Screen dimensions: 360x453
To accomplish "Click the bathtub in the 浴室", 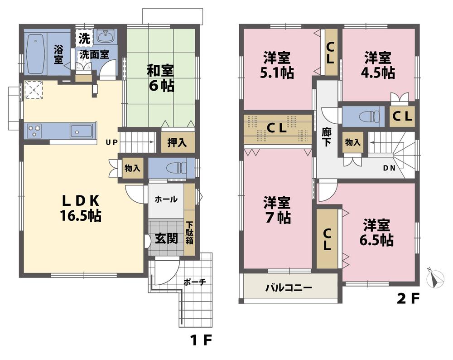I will (x=35, y=54).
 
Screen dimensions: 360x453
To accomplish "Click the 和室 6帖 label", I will (x=160, y=78).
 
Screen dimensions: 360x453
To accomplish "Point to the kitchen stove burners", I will (x=34, y=131).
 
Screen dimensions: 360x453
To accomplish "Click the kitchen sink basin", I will (x=81, y=131).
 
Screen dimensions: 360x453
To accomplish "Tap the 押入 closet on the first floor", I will (x=177, y=142).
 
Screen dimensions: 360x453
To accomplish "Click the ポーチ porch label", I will (x=194, y=282).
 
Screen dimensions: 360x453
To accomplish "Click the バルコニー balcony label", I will (x=289, y=287).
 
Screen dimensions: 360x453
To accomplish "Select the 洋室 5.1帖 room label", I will (x=277, y=65).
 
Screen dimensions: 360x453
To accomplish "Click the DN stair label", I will (x=389, y=168).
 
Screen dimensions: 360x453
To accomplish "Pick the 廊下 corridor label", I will (x=326, y=136).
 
